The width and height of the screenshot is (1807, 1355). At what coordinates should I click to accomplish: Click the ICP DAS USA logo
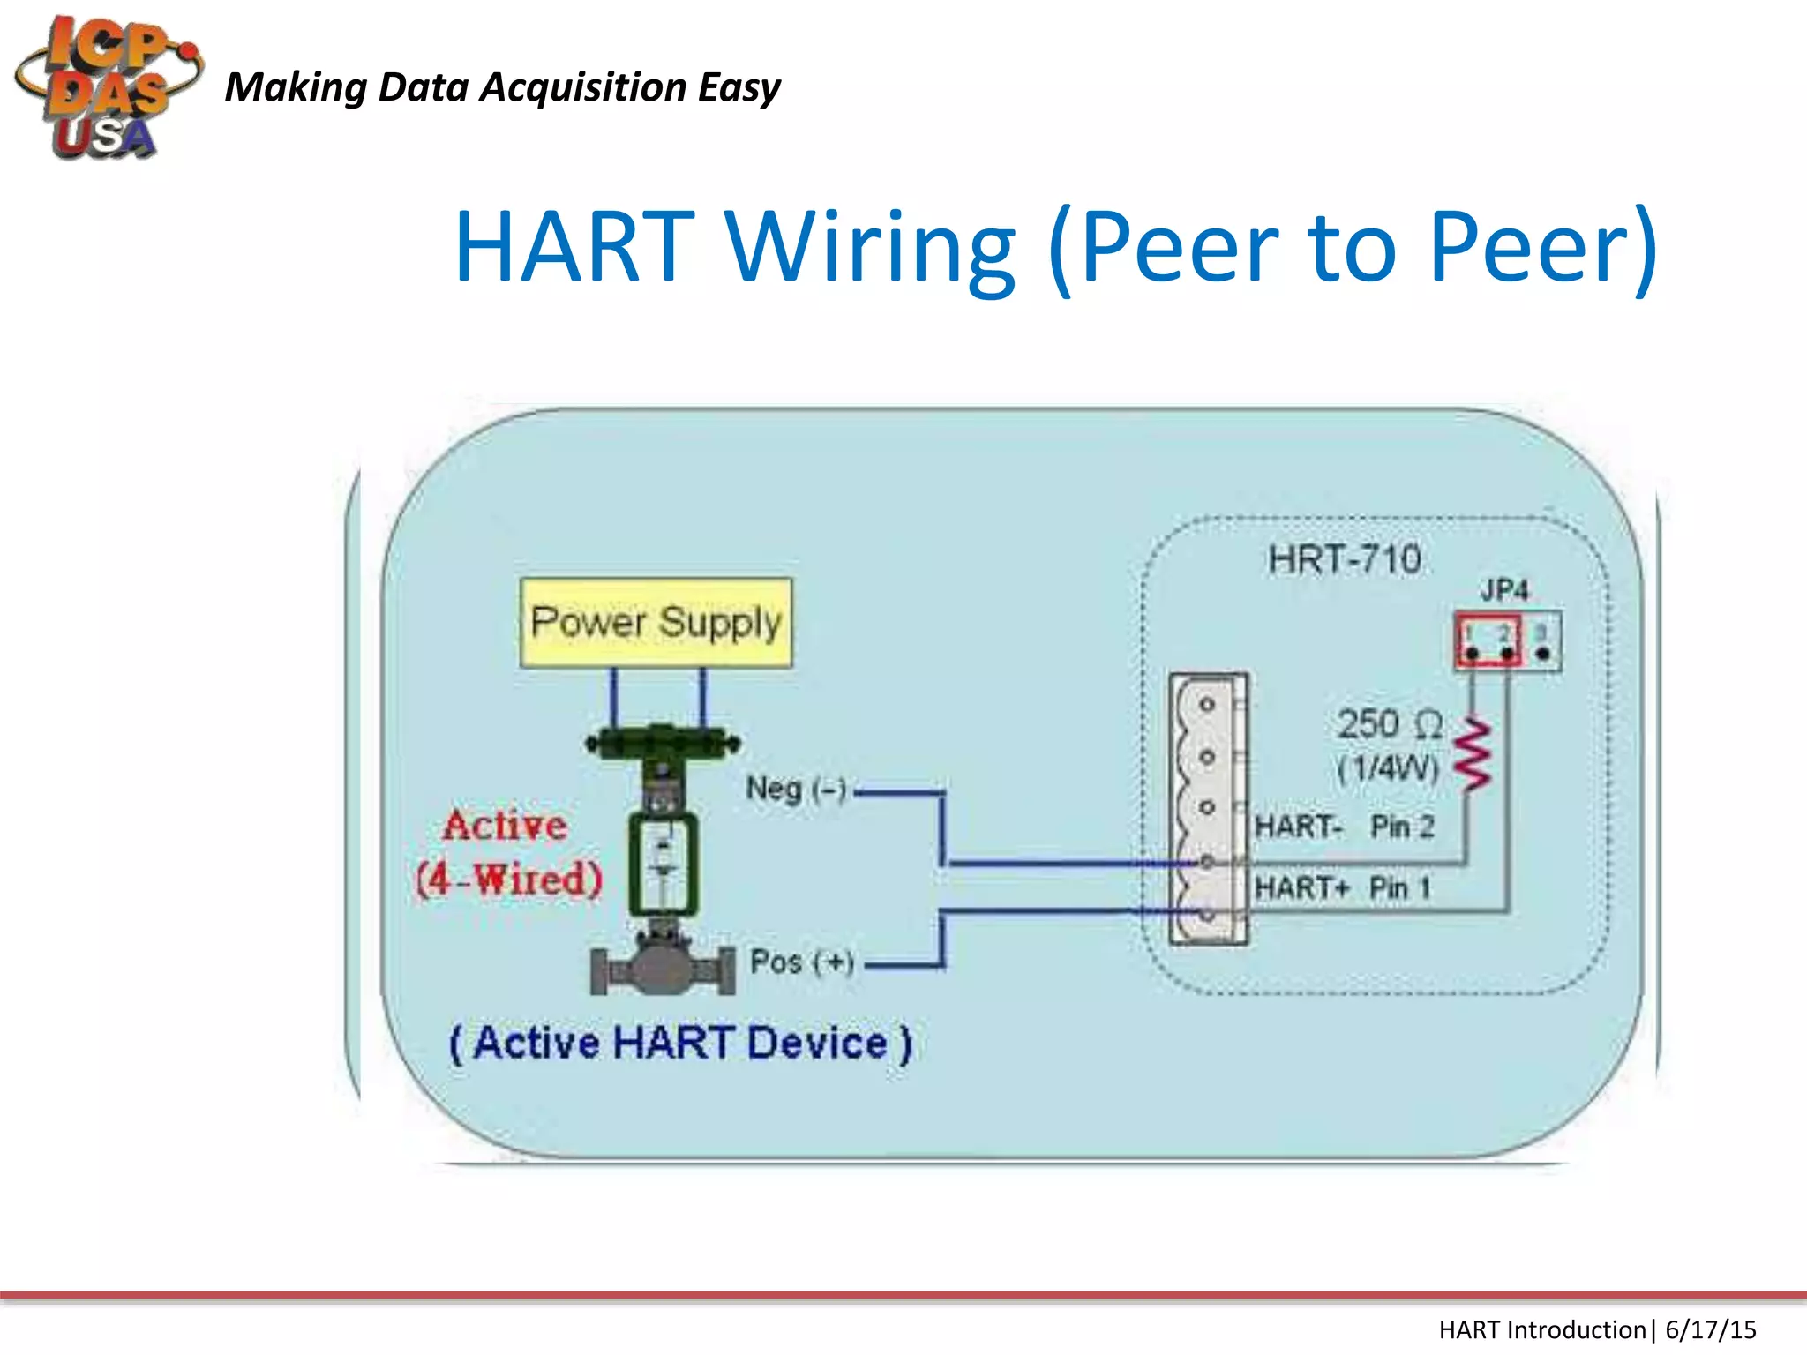pyautogui.click(x=106, y=86)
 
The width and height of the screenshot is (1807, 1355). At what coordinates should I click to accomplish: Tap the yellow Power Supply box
pyautogui.click(x=656, y=623)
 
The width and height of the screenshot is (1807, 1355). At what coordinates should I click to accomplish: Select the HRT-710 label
pyautogui.click(x=1344, y=559)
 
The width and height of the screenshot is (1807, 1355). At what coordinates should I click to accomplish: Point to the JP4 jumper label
pyautogui.click(x=1503, y=589)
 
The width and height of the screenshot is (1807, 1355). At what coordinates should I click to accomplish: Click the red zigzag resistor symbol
pyautogui.click(x=1473, y=754)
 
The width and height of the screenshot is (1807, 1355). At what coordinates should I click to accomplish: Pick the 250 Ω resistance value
pyautogui.click(x=1389, y=725)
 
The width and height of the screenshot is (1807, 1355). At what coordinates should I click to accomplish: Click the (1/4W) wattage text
pyautogui.click(x=1387, y=768)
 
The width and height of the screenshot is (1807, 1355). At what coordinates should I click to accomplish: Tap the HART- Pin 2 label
pyautogui.click(x=1344, y=827)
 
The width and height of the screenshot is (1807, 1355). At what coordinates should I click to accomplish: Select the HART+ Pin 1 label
pyautogui.click(x=1341, y=887)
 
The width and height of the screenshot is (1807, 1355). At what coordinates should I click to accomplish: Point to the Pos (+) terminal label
pyautogui.click(x=801, y=962)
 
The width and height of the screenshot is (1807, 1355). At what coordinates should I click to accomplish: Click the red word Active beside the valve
pyautogui.click(x=505, y=826)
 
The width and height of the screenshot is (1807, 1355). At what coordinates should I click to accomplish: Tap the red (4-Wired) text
pyautogui.click(x=509, y=880)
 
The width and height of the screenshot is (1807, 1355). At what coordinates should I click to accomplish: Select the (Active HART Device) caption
pyautogui.click(x=680, y=1044)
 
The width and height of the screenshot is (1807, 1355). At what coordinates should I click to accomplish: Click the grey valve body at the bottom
pyautogui.click(x=662, y=968)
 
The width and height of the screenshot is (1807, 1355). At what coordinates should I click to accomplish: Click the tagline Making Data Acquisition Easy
pyautogui.click(x=502, y=87)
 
